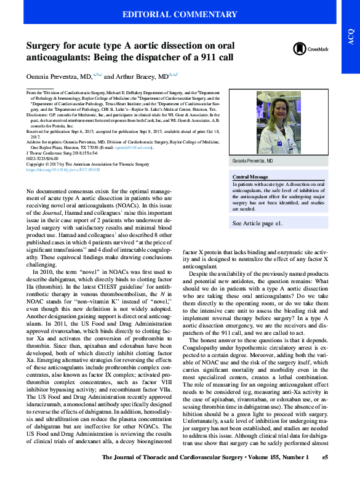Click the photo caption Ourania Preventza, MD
coord(252,160)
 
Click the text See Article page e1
coord(257,224)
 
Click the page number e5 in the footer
coord(326,475)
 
